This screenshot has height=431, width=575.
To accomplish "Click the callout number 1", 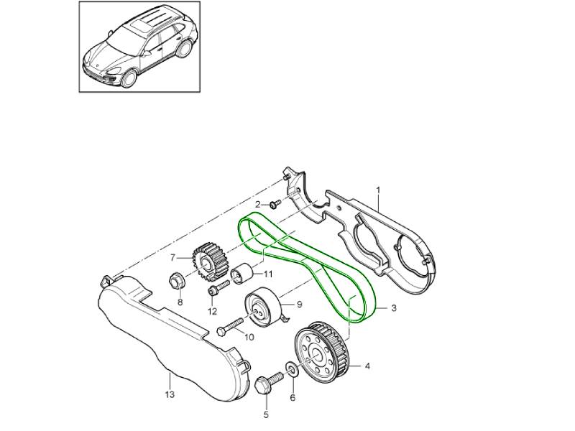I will [x=378, y=189].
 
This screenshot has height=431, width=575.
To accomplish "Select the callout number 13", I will [x=170, y=394].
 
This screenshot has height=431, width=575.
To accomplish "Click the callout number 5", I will [x=265, y=414].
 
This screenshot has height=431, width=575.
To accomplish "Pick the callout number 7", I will [x=172, y=256].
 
